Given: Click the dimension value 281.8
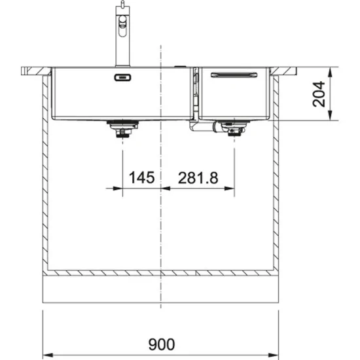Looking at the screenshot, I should (198, 177).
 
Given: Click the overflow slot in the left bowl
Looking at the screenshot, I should (122, 77).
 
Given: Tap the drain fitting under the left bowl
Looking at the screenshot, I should (121, 129).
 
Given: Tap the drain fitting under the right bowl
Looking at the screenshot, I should (233, 130).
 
